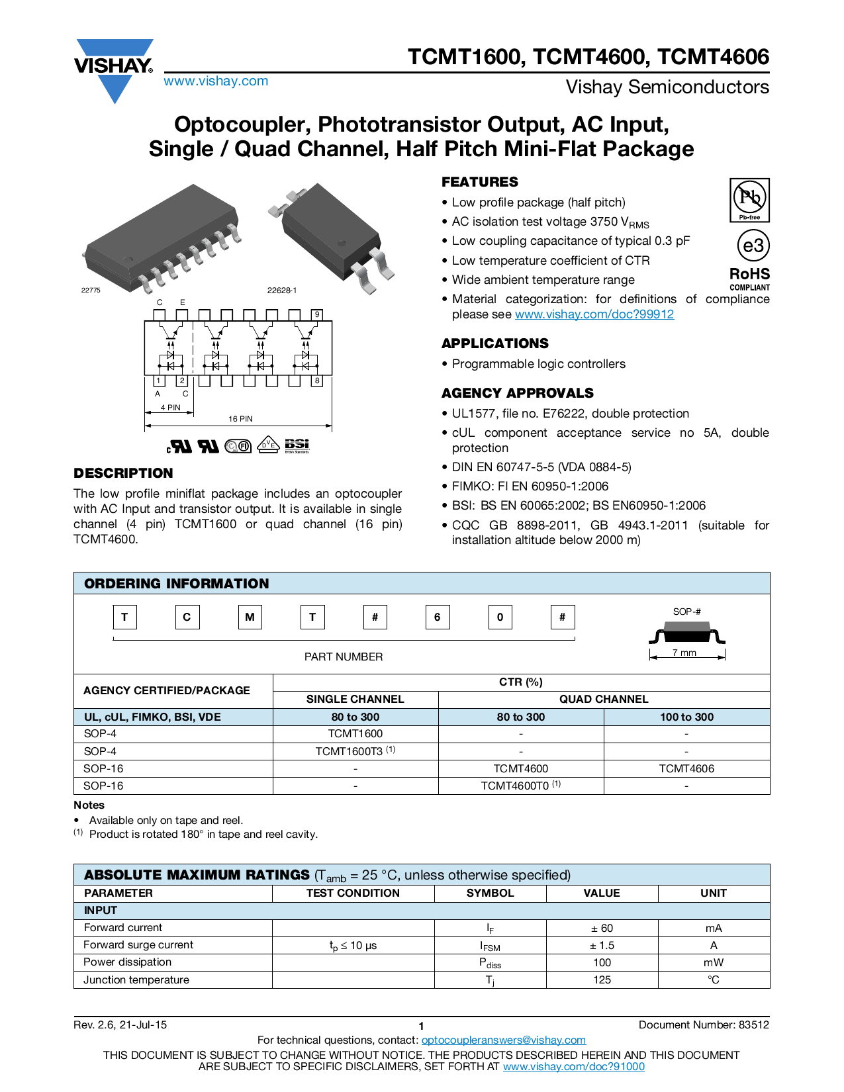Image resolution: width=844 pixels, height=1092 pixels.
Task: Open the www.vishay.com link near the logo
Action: [216, 81]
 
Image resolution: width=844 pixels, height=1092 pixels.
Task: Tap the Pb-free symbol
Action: [749, 199]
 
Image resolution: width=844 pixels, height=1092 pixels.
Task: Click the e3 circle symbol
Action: [753, 246]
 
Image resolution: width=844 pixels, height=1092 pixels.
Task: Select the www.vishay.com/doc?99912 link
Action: [594, 314]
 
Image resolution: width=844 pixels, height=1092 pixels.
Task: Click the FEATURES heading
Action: [480, 182]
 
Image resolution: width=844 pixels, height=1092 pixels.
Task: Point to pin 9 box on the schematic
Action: [317, 314]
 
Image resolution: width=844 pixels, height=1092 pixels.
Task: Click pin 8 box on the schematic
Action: [317, 381]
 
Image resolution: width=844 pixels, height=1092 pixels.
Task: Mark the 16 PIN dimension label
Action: [240, 419]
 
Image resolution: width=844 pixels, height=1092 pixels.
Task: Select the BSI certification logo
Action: [297, 445]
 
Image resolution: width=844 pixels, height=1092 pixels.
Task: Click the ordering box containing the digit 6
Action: [437, 617]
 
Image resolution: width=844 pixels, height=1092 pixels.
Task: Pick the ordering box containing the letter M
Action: [250, 617]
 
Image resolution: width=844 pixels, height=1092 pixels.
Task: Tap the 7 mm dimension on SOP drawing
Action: [684, 653]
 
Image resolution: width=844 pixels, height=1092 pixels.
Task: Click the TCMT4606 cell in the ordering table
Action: [686, 768]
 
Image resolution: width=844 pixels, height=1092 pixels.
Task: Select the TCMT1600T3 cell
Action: [355, 751]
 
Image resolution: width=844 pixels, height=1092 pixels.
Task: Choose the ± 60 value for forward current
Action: [602, 928]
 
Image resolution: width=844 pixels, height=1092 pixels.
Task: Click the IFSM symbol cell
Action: [490, 946]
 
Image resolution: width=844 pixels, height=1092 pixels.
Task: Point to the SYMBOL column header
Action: [490, 893]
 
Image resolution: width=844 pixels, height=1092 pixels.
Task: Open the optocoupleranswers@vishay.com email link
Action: [503, 1040]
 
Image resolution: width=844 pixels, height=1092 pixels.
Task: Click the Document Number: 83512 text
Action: [704, 1024]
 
